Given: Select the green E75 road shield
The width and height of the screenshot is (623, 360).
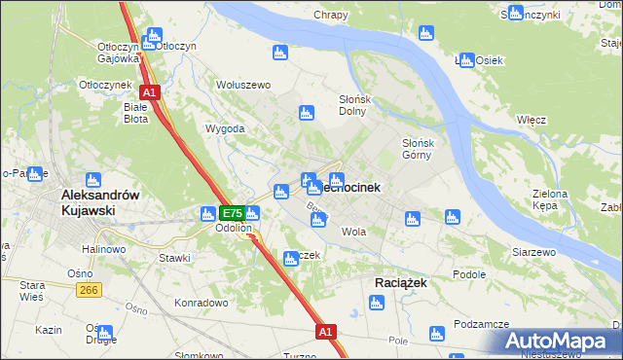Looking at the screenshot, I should tap(231, 213).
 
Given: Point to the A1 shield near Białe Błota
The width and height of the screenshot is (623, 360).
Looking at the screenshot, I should tap(150, 92).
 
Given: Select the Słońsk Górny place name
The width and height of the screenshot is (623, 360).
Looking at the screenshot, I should tap(424, 149).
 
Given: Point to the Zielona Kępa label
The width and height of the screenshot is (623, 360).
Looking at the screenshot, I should tap(549, 199).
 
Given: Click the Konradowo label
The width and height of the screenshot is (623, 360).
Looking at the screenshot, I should tap(201, 302).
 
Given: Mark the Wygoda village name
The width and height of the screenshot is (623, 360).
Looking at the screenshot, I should tap(224, 128).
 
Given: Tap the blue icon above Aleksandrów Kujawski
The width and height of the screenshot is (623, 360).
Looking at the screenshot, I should tap(93, 179).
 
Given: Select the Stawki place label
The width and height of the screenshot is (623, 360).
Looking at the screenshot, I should tap(175, 258).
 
